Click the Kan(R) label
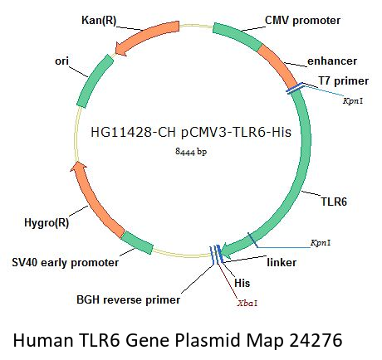(x=99, y=21)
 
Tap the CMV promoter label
(x=302, y=21)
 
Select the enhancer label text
(x=332, y=61)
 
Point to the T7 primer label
(x=344, y=81)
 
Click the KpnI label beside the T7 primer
(x=353, y=101)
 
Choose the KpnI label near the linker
(x=321, y=243)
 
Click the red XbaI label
(x=247, y=304)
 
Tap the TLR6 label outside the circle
(x=334, y=202)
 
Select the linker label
(x=282, y=262)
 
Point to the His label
(x=242, y=283)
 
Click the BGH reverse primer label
(x=128, y=300)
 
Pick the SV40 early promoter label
(x=66, y=263)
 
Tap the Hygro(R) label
(x=47, y=223)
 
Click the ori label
(x=61, y=61)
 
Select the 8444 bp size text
(x=191, y=152)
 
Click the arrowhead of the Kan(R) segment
(x=120, y=49)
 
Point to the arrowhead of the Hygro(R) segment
(x=79, y=167)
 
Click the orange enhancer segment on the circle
(x=278, y=65)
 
